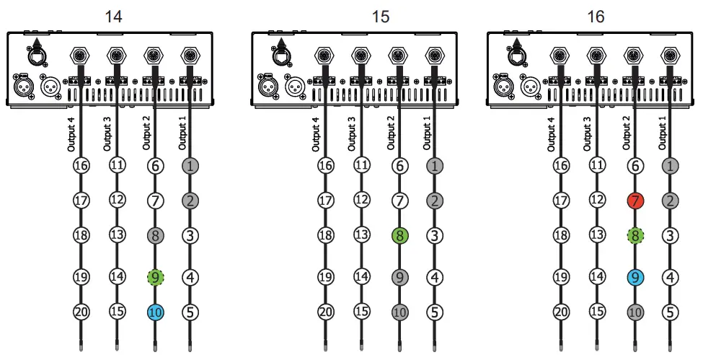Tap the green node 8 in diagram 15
398,235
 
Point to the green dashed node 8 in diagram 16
635,235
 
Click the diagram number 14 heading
113,15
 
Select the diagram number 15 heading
381,15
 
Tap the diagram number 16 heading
595,15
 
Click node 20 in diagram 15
325,312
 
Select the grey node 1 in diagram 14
190,165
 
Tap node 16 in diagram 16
562,165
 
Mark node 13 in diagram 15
362,235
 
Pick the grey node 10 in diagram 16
635,312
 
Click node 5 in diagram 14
190,312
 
